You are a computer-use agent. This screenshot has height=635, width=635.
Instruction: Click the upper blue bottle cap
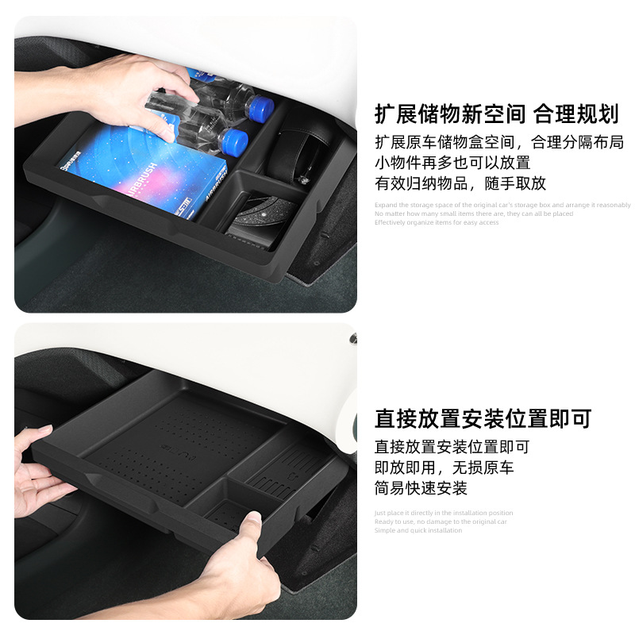tap(260, 106)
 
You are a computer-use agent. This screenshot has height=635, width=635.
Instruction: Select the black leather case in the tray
tap(295, 144)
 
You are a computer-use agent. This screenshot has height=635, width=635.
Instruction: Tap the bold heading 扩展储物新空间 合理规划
tap(496, 114)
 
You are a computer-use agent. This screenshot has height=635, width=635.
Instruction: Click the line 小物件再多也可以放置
tap(452, 163)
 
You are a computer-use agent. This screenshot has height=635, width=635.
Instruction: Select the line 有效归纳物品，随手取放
tap(460, 183)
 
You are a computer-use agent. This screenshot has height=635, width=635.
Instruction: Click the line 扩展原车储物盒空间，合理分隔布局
tap(498, 143)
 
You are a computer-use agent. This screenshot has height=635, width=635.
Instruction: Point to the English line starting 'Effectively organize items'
tap(437, 223)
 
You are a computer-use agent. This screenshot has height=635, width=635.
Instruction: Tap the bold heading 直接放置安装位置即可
tap(483, 419)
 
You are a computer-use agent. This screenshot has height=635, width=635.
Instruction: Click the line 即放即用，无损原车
tap(444, 468)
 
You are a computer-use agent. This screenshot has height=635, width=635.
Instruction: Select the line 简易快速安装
tap(421, 488)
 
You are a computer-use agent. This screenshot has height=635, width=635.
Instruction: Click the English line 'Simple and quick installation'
tap(418, 530)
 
